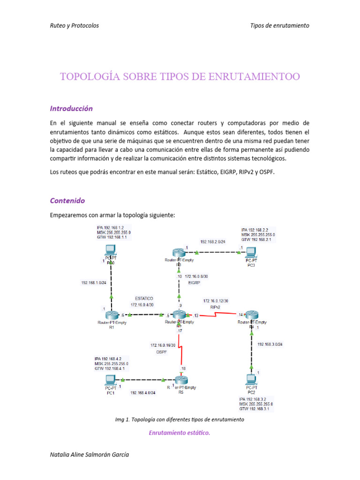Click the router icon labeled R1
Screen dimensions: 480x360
[x=112, y=315]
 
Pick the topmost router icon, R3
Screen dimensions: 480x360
[x=179, y=252]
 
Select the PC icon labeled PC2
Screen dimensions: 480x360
[x=252, y=378]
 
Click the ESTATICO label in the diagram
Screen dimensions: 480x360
[x=144, y=298]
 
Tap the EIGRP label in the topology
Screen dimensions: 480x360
[x=194, y=283]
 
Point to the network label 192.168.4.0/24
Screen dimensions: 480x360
[x=143, y=393]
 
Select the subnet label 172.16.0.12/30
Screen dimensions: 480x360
[x=216, y=300]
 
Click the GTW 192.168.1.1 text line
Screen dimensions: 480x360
[x=112, y=238]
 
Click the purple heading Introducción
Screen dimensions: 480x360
[x=71, y=108]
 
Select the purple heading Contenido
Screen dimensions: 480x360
[x=67, y=201]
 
